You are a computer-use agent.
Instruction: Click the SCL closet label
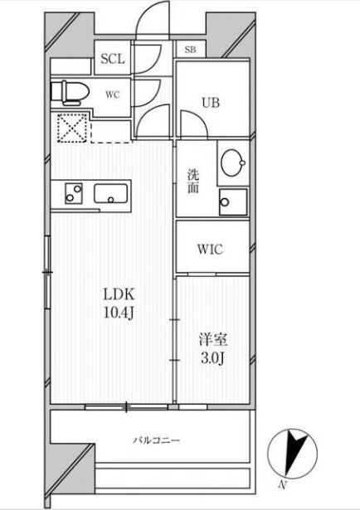113,59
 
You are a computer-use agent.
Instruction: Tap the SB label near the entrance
190,50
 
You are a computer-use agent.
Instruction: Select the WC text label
113,95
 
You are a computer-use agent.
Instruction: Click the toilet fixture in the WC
70,93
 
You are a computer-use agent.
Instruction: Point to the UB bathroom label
211,103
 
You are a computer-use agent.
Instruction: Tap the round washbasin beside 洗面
233,163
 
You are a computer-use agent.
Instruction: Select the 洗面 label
193,182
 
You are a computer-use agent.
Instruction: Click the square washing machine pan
233,202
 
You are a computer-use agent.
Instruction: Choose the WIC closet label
210,250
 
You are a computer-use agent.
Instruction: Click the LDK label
119,294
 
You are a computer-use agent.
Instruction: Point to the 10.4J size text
119,313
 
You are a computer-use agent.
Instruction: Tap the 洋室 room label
213,340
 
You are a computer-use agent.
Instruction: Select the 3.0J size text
212,358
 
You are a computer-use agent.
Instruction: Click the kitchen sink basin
110,193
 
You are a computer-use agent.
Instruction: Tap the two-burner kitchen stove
74,193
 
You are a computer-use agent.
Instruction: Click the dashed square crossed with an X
72,128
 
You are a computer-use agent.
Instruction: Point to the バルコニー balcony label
156,440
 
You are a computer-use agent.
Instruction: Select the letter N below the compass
283,485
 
